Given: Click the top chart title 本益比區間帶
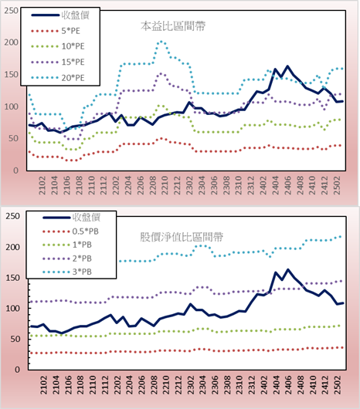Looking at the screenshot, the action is point(173,26).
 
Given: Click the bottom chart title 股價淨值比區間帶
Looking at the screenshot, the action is point(182,237).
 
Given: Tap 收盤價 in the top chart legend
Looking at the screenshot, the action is point(76,15).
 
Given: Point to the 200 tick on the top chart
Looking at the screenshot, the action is point(12,42).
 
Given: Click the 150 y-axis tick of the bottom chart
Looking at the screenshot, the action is point(13,278).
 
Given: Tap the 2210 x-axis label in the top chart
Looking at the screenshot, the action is point(165,185).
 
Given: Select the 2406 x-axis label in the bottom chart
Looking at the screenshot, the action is point(288,385).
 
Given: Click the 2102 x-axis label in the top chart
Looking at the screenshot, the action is point(42,185).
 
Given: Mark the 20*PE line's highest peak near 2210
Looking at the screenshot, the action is point(161,41).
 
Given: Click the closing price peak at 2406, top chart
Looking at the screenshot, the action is point(287,66).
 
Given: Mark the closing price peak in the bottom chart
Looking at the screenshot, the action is point(288,270).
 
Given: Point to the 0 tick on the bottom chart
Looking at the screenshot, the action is point(17,370).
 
